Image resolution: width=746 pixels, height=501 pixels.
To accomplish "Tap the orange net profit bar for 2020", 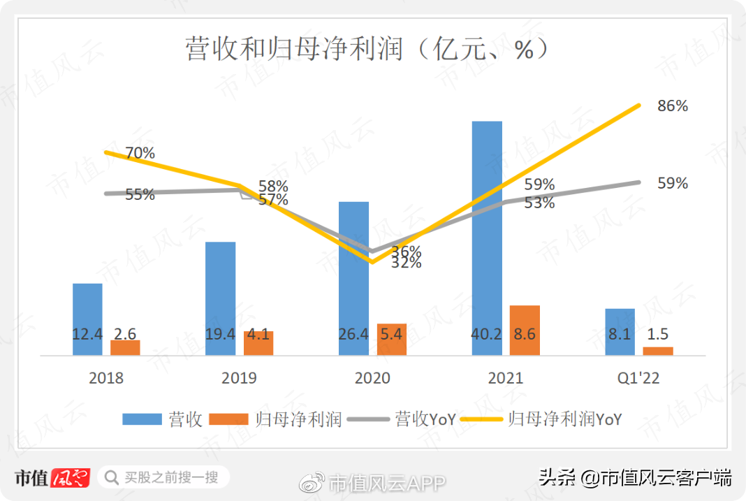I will pyautogui.click(x=391, y=339).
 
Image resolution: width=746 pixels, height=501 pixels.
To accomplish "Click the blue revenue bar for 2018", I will pyautogui.click(x=87, y=307).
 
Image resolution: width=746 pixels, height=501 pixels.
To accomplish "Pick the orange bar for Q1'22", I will pyautogui.click(x=658, y=351).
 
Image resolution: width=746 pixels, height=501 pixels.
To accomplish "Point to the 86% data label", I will pyautogui.click(x=673, y=106).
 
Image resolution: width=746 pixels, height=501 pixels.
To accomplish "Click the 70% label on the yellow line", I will pyautogui.click(x=140, y=153).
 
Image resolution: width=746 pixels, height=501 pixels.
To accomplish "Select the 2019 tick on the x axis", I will pyautogui.click(x=239, y=378).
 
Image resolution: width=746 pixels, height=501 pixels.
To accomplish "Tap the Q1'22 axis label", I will pyautogui.click(x=639, y=378).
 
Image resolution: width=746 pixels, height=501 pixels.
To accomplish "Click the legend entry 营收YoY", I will pyautogui.click(x=425, y=419).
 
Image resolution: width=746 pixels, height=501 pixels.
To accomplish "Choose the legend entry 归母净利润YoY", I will pyautogui.click(x=565, y=419).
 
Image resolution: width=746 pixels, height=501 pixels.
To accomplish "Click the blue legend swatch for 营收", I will pyautogui.click(x=142, y=419).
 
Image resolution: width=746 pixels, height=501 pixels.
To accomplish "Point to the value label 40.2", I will pyautogui.click(x=487, y=335).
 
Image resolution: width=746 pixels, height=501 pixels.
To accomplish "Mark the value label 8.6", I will pyautogui.click(x=524, y=335).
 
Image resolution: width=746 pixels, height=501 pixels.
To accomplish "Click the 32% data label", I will pyautogui.click(x=406, y=263).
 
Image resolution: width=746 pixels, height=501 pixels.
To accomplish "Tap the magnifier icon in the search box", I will pyautogui.click(x=110, y=478).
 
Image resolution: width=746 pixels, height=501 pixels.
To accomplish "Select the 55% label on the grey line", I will pyautogui.click(x=140, y=195).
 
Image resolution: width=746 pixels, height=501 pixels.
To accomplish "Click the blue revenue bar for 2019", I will pyautogui.click(x=220, y=286).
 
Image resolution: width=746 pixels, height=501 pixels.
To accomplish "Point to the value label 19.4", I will pyautogui.click(x=220, y=335).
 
